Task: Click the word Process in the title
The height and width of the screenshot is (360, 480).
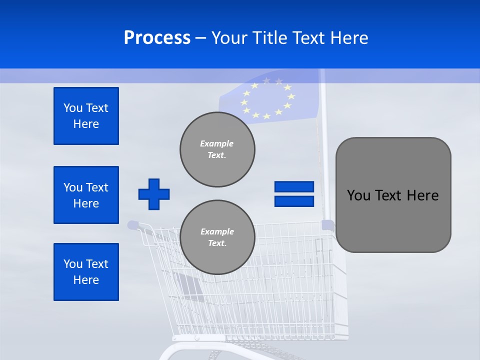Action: click(x=157, y=38)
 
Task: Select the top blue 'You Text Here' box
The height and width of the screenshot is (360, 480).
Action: click(x=86, y=116)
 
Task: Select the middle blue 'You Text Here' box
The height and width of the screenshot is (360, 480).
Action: click(x=86, y=195)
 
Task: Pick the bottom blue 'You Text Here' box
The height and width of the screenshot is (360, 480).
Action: click(x=86, y=272)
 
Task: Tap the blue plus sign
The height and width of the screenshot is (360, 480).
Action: click(x=154, y=194)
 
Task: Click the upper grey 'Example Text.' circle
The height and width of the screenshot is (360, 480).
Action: click(x=217, y=149)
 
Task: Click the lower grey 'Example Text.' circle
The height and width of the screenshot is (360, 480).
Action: click(x=217, y=237)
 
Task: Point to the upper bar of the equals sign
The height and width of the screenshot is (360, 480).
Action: click(x=294, y=187)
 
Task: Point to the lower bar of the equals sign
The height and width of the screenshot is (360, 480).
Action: click(x=294, y=201)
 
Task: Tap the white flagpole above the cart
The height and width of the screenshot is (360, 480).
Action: click(x=323, y=150)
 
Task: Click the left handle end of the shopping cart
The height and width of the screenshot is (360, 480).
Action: click(x=133, y=225)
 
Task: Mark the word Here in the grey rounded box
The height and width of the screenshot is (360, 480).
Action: click(x=422, y=195)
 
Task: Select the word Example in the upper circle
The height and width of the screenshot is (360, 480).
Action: click(x=217, y=143)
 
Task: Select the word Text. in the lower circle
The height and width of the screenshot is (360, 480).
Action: click(x=217, y=243)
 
